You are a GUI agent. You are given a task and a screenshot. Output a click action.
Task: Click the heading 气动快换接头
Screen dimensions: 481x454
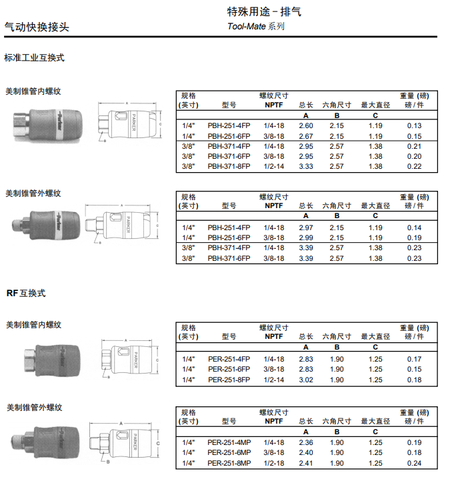[37, 27]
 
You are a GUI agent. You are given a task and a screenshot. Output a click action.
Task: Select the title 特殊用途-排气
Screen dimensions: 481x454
[259, 12]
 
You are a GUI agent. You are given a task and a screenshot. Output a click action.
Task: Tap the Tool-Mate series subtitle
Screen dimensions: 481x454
[255, 27]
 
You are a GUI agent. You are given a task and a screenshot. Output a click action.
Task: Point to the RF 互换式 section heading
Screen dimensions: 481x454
[26, 293]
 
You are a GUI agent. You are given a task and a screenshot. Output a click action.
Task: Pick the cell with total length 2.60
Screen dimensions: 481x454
[306, 126]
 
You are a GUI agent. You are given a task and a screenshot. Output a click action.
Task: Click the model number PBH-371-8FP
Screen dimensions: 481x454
[229, 166]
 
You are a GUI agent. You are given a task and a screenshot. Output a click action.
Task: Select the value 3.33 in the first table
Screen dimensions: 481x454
[306, 166]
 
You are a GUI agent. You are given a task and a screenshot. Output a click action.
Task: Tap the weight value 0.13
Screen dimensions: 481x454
[414, 126]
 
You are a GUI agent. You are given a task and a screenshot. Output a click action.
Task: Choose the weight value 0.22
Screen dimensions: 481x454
[414, 166]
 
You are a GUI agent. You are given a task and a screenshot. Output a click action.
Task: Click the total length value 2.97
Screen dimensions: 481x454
[306, 227]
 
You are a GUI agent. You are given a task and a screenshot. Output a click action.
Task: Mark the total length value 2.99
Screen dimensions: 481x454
[306, 237]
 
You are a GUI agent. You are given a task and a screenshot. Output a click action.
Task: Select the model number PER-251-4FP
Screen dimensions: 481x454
[229, 359]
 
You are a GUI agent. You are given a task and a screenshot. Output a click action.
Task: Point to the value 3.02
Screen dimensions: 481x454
[306, 380]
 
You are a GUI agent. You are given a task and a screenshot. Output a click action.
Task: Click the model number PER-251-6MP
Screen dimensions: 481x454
[229, 452]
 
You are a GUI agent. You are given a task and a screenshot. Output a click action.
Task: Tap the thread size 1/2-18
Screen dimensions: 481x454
[273, 463]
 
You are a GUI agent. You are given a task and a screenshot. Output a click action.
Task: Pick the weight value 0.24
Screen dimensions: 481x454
[414, 463]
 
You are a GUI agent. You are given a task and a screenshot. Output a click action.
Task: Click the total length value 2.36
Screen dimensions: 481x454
[306, 442]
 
